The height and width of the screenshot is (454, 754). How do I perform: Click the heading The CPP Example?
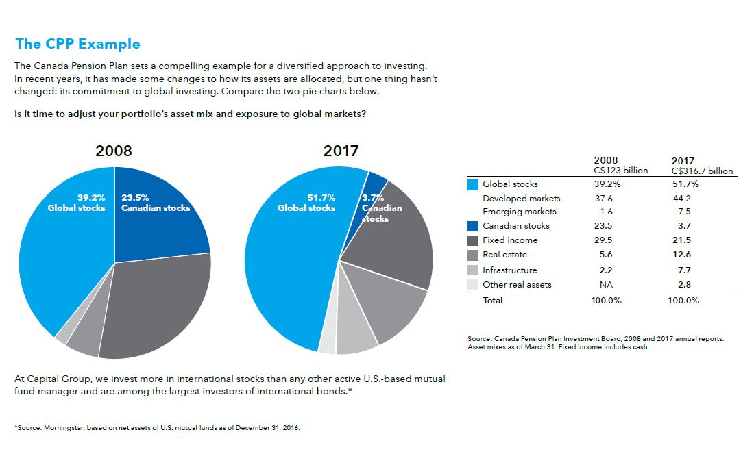pyautogui.click(x=77, y=45)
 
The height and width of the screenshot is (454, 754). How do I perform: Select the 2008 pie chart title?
pyautogui.click(x=114, y=151)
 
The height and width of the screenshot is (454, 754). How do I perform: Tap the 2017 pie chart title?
pyautogui.click(x=341, y=151)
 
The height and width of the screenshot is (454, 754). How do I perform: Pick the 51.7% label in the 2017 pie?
pyautogui.click(x=321, y=197)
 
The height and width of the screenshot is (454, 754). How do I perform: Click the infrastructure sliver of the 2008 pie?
pyautogui.click(x=62, y=337)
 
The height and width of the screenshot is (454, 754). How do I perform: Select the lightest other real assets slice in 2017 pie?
pyautogui.click(x=328, y=344)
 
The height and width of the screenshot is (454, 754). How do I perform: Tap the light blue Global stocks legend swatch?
pyautogui.click(x=472, y=184)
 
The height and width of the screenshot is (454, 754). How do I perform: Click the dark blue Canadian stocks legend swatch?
pyautogui.click(x=472, y=226)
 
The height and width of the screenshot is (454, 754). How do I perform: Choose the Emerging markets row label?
pyautogui.click(x=520, y=212)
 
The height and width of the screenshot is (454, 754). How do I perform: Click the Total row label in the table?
pyautogui.click(x=492, y=301)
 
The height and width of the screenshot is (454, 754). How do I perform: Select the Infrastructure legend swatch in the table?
pyautogui.click(x=472, y=270)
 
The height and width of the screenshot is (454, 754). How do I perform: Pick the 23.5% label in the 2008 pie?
pyautogui.click(x=135, y=198)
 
